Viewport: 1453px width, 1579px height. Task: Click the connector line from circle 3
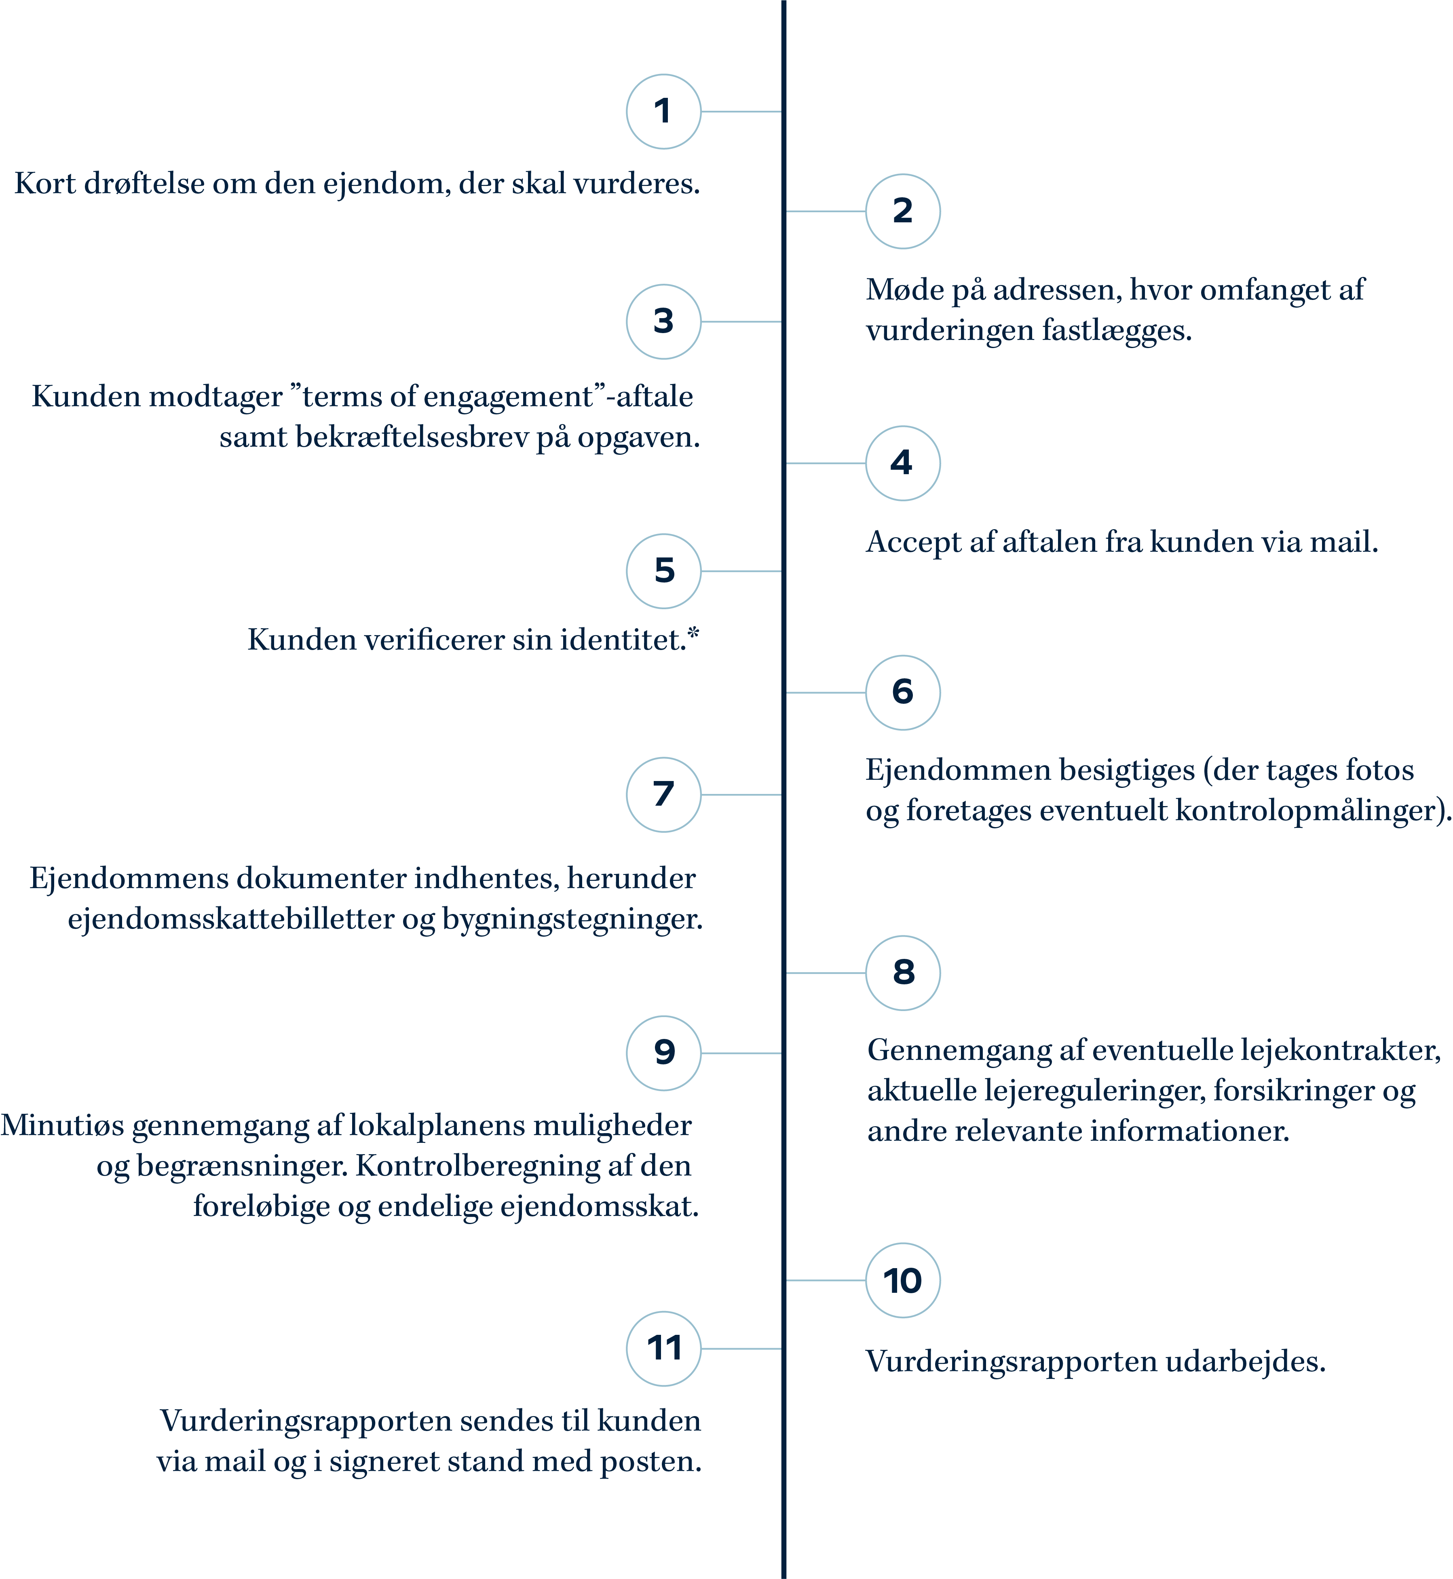741,322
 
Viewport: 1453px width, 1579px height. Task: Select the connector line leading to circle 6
826,693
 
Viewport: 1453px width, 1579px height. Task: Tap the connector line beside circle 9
741,1053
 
